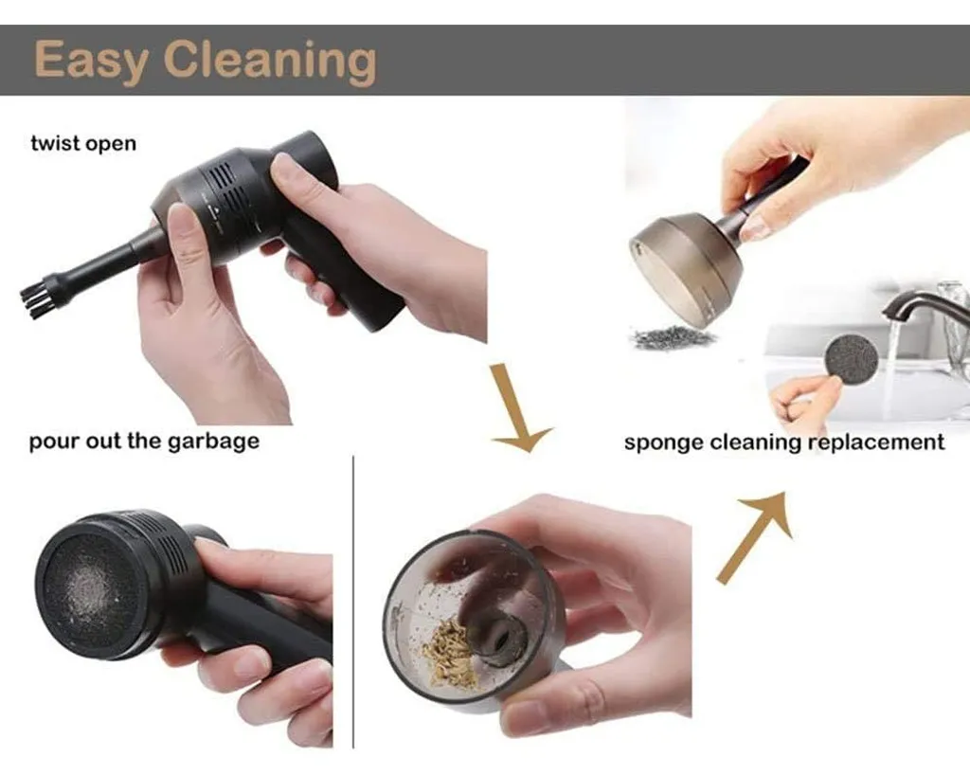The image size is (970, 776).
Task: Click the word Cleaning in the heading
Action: pyautogui.click(x=270, y=61)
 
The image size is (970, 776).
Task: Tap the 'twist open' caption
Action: pyautogui.click(x=83, y=144)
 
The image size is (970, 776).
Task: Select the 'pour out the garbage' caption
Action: pyautogui.click(x=144, y=442)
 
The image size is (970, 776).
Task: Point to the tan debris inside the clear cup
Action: pyautogui.click(x=448, y=653)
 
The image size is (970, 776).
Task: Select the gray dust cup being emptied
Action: pyautogui.click(x=687, y=266)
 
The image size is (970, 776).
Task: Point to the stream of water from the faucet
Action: pyautogui.click(x=890, y=370)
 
